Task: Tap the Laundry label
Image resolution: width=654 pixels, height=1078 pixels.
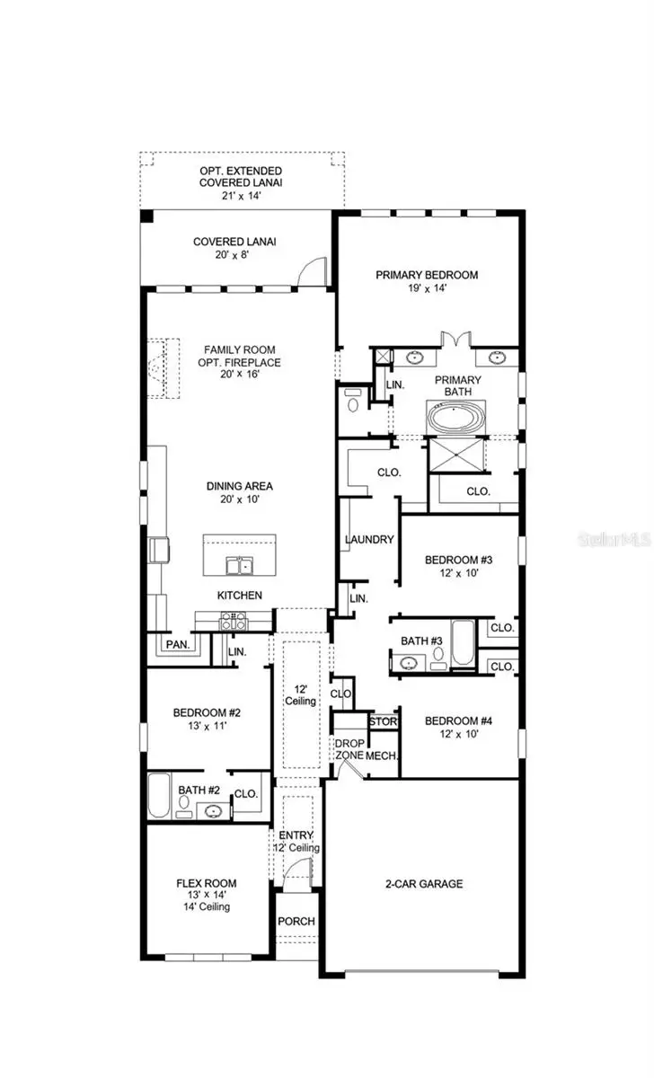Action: tap(368, 540)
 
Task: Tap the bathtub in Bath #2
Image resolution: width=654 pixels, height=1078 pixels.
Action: tap(159, 796)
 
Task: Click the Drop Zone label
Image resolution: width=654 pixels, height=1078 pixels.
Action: tap(349, 749)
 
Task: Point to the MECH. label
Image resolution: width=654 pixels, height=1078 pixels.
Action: tap(382, 755)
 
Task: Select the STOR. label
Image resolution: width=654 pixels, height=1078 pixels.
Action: tap(383, 721)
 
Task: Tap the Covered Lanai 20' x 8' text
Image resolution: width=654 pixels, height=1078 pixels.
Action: tap(234, 248)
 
